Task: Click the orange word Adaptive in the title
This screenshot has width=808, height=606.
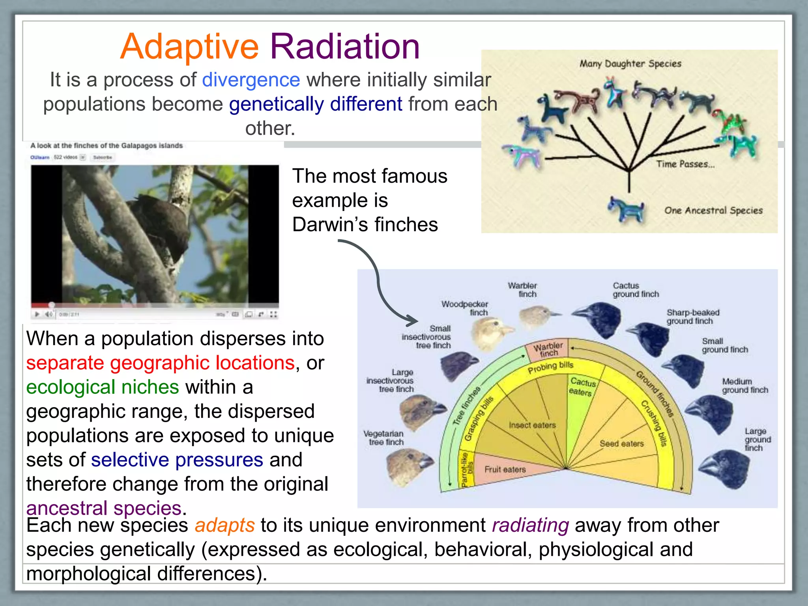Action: [189, 47]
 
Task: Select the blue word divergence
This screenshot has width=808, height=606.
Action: [251, 80]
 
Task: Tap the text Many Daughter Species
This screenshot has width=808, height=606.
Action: [630, 64]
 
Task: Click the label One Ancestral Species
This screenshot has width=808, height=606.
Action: [713, 210]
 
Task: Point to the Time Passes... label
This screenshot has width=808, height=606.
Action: [685, 164]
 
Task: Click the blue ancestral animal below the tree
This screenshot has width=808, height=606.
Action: [626, 209]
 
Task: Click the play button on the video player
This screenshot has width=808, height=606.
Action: [37, 314]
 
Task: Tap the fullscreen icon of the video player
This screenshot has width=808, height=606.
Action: [273, 314]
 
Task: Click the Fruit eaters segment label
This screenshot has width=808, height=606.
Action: [505, 469]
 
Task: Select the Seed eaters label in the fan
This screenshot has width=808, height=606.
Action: [621, 444]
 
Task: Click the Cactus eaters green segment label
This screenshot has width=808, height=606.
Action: [582, 387]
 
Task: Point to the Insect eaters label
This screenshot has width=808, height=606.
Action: [532, 425]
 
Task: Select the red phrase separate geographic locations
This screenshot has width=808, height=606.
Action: [160, 363]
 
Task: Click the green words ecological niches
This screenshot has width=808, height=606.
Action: [103, 387]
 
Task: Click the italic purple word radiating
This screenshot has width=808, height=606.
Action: [530, 526]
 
